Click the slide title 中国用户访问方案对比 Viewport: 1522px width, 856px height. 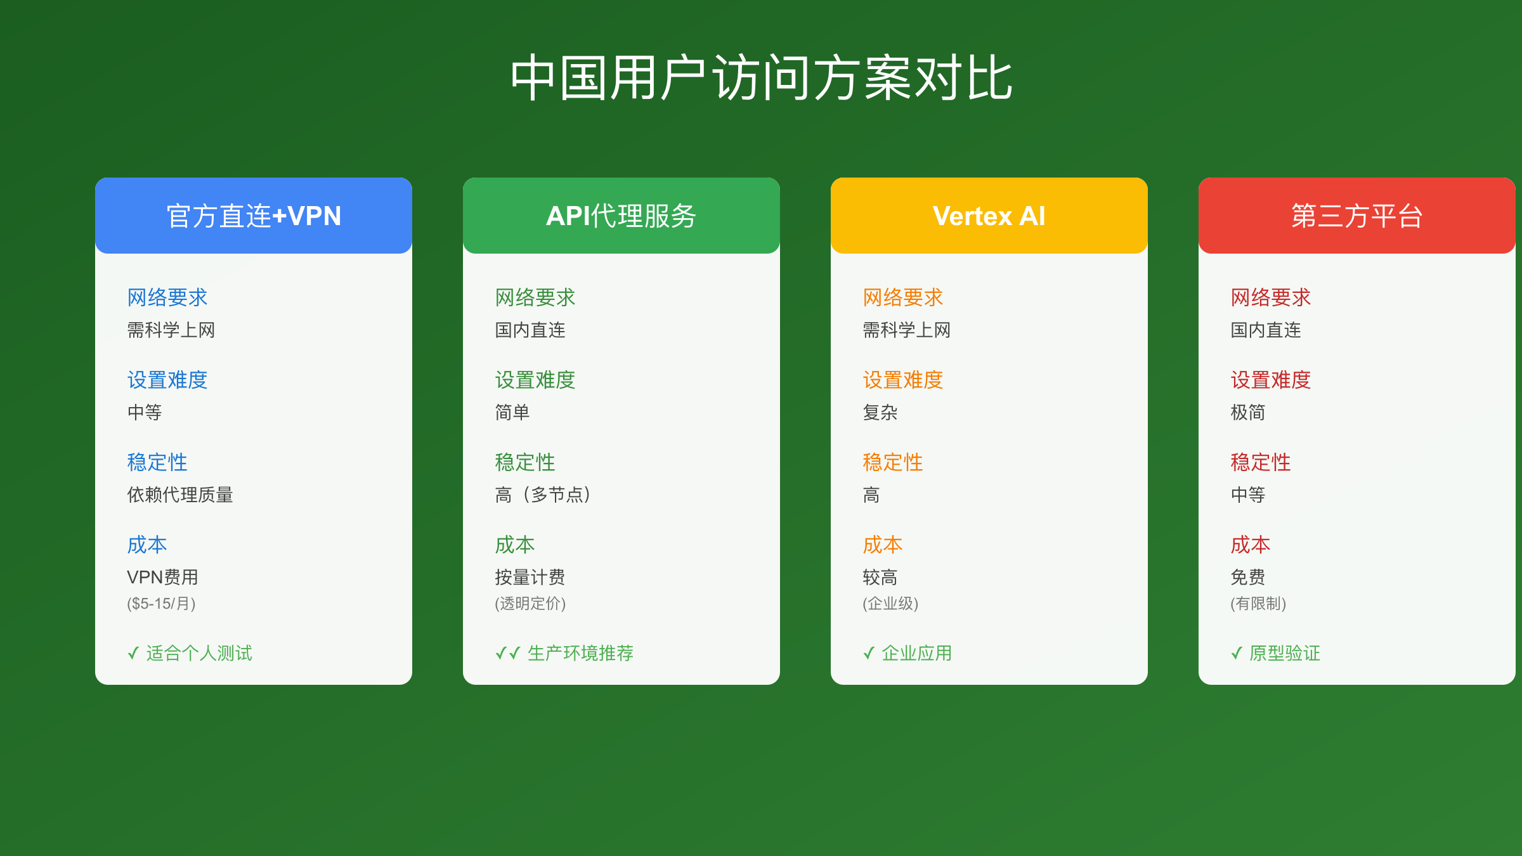point(761,77)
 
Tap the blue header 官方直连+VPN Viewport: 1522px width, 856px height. point(254,216)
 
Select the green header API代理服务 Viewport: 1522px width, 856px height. point(621,216)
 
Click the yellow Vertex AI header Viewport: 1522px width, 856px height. point(989,216)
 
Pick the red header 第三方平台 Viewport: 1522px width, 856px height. point(1357,216)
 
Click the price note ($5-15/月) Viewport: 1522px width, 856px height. point(161,603)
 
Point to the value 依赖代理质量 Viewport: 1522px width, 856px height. point(180,495)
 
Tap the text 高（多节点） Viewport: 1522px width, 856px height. point(543,495)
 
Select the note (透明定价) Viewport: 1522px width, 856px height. point(530,603)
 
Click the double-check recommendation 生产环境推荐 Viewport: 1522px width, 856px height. point(564,653)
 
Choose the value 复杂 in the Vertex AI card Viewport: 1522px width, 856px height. point(880,412)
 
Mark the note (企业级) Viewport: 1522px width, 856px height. point(890,603)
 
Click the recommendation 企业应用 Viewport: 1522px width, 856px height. point(907,653)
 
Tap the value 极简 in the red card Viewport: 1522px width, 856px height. point(1248,412)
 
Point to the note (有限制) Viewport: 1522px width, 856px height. point(1258,603)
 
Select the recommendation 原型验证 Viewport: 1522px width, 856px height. point(1275,653)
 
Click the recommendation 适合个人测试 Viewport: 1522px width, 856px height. point(190,653)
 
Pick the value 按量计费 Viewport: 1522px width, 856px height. point(530,577)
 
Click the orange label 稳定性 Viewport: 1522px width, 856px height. point(893,462)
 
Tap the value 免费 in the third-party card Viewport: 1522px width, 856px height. point(1248,577)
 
